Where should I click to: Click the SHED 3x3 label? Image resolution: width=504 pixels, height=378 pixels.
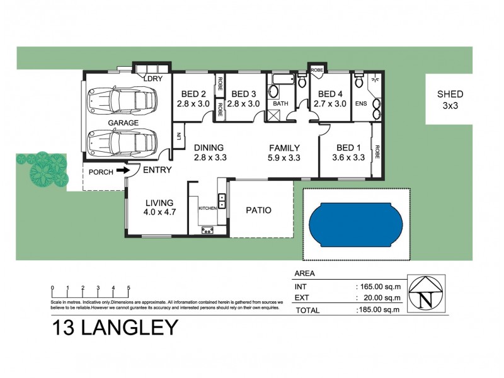(x=450, y=100)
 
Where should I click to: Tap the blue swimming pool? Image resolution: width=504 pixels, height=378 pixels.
(x=356, y=224)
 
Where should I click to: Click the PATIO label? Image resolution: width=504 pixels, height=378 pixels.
(x=258, y=210)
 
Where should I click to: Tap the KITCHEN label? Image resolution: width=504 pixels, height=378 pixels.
(x=207, y=208)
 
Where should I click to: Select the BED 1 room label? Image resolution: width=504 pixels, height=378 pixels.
(x=348, y=152)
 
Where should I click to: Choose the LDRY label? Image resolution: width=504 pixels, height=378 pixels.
(x=153, y=79)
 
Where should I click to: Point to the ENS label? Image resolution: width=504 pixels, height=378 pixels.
(x=361, y=103)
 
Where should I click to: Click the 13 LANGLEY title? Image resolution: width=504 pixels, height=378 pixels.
(x=114, y=328)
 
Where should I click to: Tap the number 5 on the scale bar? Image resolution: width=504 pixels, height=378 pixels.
(x=129, y=288)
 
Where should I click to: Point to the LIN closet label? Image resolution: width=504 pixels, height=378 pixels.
(x=179, y=135)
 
